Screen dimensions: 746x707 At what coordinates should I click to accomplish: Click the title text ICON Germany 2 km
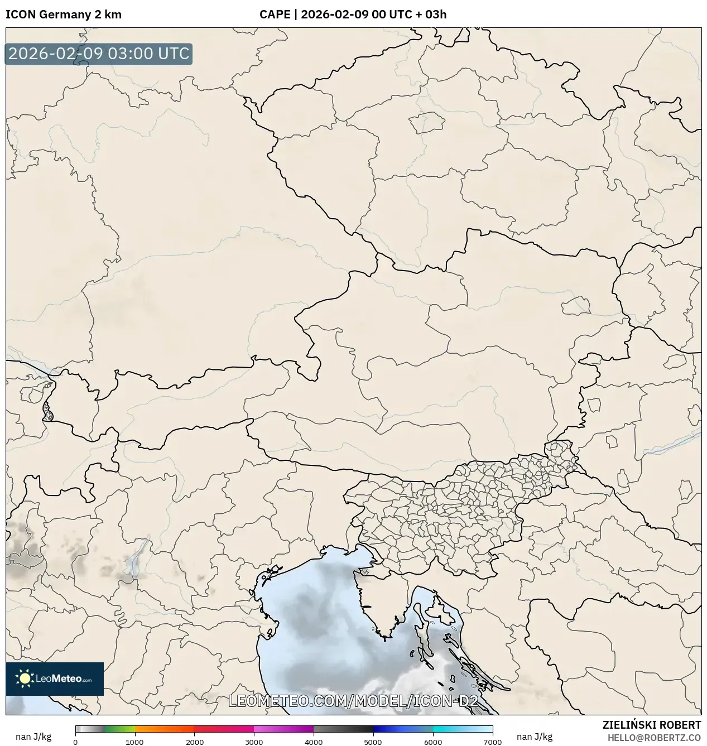tap(63, 15)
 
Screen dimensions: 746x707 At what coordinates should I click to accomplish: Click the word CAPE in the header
tap(274, 15)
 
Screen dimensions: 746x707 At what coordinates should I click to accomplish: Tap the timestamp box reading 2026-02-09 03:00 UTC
tap(99, 54)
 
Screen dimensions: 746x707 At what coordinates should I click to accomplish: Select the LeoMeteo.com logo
tap(55, 678)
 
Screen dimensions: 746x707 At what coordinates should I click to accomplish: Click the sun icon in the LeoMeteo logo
tap(25, 678)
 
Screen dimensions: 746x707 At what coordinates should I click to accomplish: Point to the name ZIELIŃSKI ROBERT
tap(651, 725)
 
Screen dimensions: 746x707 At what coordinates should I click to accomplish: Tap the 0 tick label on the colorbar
tap(75, 742)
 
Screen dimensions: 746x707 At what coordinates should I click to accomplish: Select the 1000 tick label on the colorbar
tap(134, 742)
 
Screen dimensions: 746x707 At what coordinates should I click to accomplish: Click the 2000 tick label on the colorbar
tap(194, 742)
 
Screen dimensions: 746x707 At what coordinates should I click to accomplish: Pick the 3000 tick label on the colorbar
tap(254, 742)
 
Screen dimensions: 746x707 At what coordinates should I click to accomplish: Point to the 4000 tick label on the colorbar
tap(314, 742)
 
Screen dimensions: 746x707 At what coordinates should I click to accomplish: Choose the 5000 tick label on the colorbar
tap(373, 742)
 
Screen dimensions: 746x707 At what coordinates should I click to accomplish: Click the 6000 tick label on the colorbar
tap(433, 742)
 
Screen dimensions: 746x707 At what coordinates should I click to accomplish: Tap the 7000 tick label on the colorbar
tap(492, 742)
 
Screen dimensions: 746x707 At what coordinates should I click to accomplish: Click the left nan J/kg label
tap(33, 737)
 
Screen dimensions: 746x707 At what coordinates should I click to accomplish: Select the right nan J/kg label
tap(535, 737)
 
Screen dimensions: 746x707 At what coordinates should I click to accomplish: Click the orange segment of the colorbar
tap(165, 729)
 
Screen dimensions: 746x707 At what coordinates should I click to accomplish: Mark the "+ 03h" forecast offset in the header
tap(431, 15)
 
